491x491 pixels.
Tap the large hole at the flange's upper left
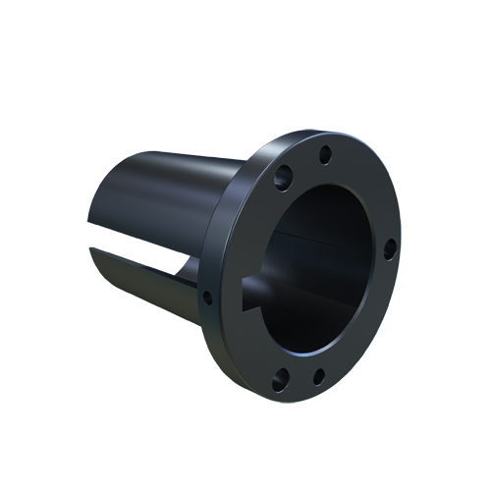tap(284, 177)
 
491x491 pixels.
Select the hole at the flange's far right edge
tap(389, 248)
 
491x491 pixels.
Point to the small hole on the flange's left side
tap(207, 297)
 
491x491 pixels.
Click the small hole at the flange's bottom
tap(318, 376)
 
